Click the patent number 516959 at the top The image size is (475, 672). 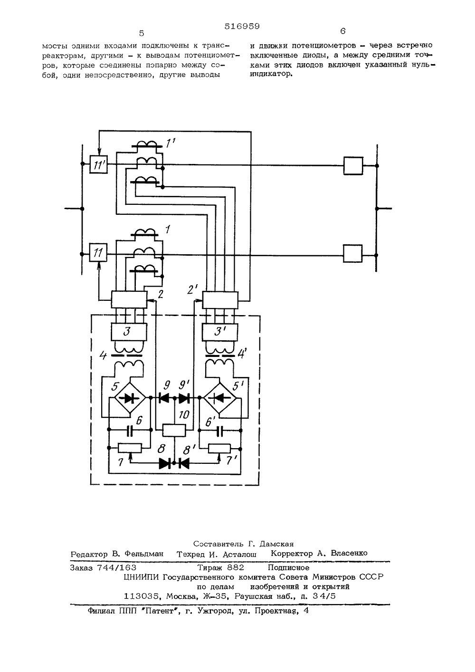point(242,27)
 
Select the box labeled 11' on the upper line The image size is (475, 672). point(99,164)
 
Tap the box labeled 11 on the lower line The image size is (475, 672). point(98,253)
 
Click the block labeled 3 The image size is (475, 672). point(129,332)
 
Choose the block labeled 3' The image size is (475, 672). point(220,332)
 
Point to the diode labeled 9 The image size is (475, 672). point(164,398)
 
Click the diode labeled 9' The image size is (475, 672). point(184,398)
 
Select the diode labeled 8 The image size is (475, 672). point(165,463)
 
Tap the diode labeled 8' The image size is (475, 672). point(183,463)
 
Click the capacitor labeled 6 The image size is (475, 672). point(130,430)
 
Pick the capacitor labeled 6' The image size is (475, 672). point(220,430)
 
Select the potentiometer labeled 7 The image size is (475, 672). point(130,448)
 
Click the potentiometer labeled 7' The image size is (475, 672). point(219,448)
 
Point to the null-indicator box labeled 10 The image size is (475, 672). point(174,430)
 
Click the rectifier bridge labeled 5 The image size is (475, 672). point(130,398)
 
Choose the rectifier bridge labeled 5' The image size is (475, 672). point(220,398)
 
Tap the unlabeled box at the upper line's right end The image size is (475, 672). point(353,165)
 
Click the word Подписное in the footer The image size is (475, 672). point(288,567)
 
